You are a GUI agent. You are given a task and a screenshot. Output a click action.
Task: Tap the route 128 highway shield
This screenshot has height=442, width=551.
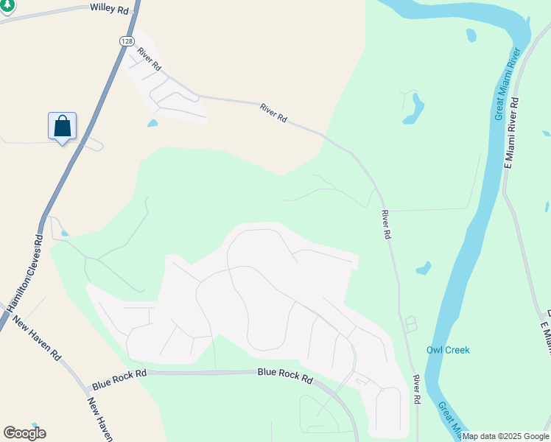click(x=123, y=42)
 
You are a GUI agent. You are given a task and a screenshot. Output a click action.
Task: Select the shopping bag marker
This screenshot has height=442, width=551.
click(x=63, y=126)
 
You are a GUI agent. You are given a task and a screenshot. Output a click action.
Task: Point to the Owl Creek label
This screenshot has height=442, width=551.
click(x=448, y=351)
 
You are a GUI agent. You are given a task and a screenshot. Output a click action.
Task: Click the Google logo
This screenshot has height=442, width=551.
click(x=24, y=433)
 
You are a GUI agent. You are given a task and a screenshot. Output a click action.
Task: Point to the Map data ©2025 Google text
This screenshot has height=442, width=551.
click(x=505, y=436)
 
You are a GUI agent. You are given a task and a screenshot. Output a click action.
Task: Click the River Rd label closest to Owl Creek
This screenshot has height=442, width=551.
click(x=416, y=388)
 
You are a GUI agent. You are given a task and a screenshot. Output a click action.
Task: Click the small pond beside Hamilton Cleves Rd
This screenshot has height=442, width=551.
click(x=64, y=234)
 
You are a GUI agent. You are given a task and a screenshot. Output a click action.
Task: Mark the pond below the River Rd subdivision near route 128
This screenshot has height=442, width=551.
click(x=152, y=123)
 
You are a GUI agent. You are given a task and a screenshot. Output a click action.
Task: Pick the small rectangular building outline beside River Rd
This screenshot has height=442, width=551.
click(x=410, y=323)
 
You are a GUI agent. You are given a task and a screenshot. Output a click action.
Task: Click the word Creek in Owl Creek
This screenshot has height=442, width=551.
click(x=457, y=351)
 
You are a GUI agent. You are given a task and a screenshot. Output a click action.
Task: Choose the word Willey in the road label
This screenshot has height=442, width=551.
click(x=101, y=8)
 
